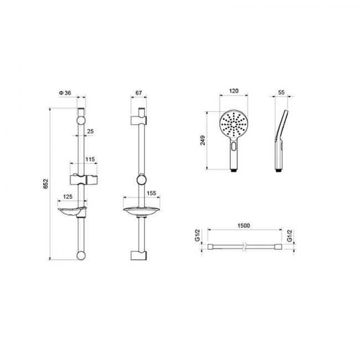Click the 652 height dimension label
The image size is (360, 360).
click(45, 184)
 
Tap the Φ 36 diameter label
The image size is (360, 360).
click(65, 92)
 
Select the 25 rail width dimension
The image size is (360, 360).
click(90, 131)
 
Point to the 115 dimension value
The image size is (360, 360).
click(90, 159)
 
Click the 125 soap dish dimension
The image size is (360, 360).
click(68, 197)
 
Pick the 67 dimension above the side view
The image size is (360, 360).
click(138, 92)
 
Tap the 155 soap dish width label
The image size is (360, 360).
click(152, 193)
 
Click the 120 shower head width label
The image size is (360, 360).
click(234, 91)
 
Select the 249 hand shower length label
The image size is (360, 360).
click(203, 140)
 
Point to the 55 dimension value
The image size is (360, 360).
click(281, 92)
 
